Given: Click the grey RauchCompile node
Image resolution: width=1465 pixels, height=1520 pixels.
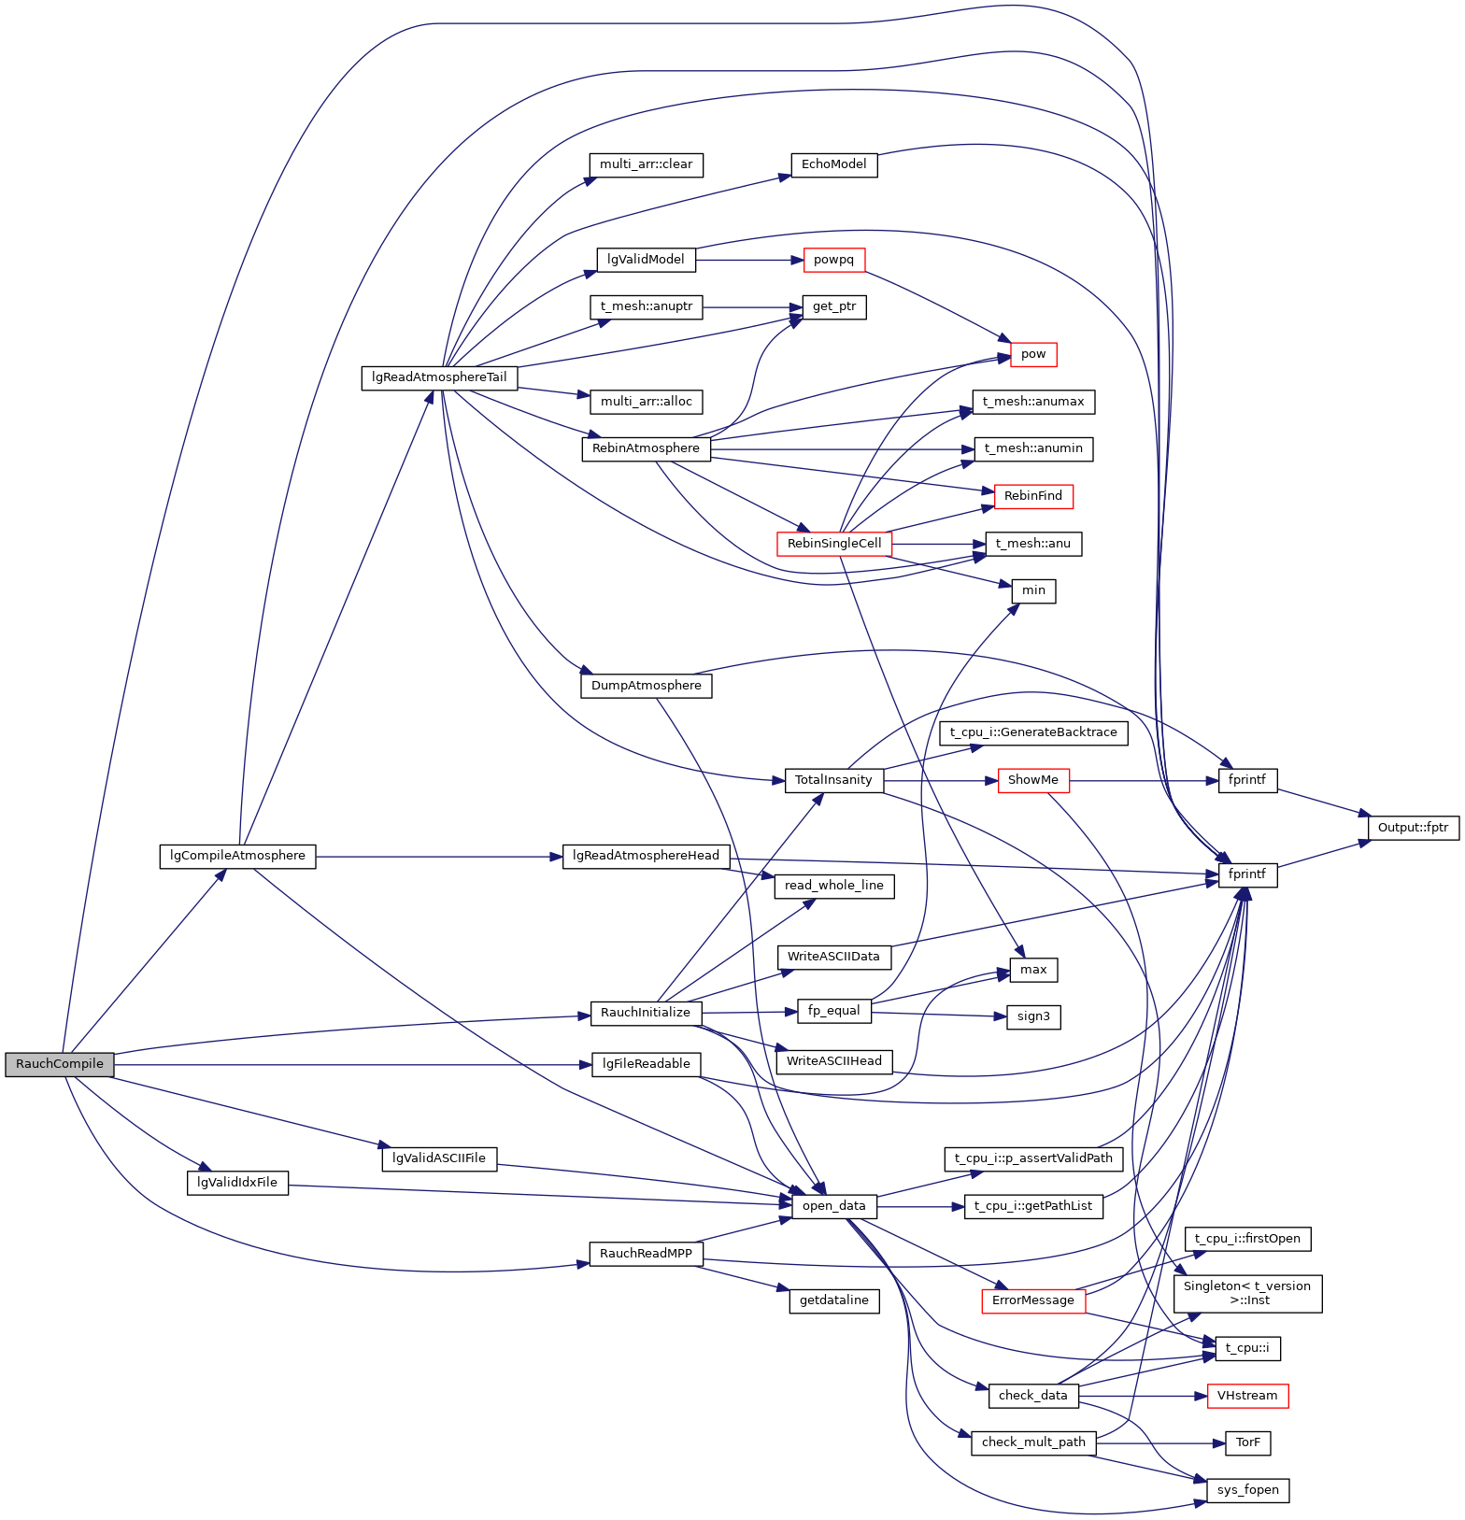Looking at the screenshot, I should [60, 1064].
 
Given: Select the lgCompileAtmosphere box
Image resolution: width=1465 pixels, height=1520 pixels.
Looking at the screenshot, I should [237, 856].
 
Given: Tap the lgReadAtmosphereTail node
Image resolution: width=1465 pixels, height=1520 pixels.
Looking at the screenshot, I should [439, 377].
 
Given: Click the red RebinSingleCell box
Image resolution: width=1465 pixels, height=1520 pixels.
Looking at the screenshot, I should [834, 544].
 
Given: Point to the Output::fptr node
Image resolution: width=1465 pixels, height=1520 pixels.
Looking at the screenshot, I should [1413, 828].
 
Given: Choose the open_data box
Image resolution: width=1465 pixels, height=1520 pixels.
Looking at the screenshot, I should [834, 1206].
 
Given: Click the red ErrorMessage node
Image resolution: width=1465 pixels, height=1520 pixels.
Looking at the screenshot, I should [1033, 1300].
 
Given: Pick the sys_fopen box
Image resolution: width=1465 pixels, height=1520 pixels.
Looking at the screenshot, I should [1248, 1490].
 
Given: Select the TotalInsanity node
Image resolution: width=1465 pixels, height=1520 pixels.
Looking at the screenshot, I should [833, 780].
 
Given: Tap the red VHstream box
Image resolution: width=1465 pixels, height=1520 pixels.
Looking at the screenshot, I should [1247, 1396].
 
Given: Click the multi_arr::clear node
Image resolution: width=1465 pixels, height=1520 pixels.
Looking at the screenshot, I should [646, 164].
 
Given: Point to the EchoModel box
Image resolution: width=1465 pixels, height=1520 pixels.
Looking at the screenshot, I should [834, 164].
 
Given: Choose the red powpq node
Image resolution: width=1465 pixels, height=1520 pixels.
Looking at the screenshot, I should [834, 260].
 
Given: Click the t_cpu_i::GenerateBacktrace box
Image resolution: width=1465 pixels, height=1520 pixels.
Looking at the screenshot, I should [1033, 732].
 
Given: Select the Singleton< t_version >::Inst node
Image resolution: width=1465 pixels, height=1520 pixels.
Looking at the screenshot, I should [1247, 1293].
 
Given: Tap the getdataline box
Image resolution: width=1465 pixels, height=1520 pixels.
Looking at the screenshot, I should [834, 1300].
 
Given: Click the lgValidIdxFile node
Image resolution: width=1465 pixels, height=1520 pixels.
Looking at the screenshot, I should [237, 1183].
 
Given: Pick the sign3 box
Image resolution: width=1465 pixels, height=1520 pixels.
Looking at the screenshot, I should [1033, 1016].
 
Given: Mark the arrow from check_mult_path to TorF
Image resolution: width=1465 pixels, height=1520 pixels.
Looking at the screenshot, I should [1159, 1443].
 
